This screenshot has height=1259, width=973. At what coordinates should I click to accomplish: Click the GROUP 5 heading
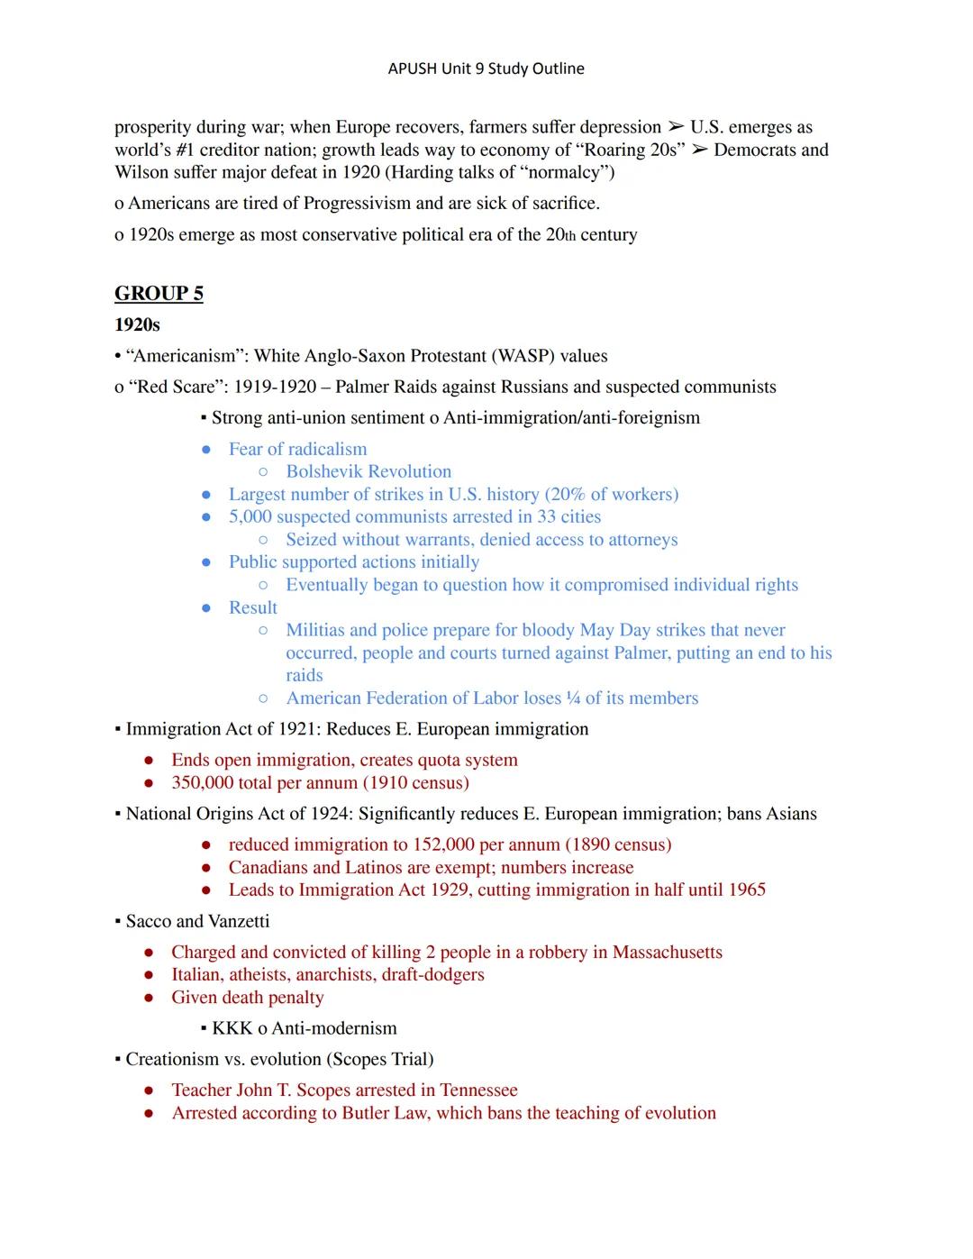tap(159, 294)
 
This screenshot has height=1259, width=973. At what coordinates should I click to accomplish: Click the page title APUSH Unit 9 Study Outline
tap(486, 68)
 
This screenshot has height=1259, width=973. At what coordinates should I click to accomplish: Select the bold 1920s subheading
tap(137, 324)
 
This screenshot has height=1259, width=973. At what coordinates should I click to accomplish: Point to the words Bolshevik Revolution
tap(368, 471)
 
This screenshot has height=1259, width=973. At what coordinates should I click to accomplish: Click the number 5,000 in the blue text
tap(250, 516)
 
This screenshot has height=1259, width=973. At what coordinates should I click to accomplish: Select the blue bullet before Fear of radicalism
tap(206, 450)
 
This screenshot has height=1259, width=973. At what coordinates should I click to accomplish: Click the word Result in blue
tap(252, 607)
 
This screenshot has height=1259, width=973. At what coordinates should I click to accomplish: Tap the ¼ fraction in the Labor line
tap(573, 698)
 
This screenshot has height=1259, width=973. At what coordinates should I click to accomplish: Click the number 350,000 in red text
tap(204, 782)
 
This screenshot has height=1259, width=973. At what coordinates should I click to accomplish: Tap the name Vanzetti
tap(239, 921)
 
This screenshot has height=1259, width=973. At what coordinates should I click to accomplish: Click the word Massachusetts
tap(667, 952)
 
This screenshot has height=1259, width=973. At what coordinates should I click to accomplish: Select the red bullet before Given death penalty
tap(150, 998)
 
